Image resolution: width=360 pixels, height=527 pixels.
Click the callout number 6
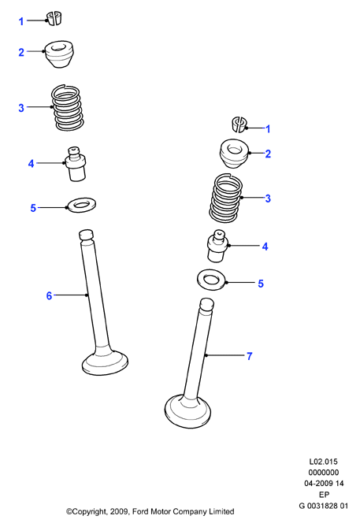(49, 295)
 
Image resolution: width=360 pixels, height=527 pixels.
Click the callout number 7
(249, 356)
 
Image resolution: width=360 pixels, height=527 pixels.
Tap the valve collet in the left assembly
(55, 18)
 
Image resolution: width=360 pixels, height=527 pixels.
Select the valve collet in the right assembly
(239, 124)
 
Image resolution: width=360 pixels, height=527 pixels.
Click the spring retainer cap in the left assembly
(59, 54)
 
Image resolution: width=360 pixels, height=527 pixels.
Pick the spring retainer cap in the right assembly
(234, 154)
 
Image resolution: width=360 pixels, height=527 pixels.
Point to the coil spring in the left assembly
(67, 107)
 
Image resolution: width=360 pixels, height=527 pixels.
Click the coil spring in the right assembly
(226, 198)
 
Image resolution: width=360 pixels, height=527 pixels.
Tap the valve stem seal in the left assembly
(76, 164)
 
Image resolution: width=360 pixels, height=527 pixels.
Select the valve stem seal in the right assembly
(217, 247)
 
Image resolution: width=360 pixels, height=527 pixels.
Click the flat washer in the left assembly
(81, 205)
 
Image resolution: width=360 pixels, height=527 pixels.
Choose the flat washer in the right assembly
(211, 280)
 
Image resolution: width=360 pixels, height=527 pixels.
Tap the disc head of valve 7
(187, 411)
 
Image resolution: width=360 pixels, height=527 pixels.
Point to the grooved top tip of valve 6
(86, 235)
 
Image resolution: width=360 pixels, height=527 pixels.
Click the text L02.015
(323, 462)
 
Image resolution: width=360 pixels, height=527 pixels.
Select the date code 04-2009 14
(324, 484)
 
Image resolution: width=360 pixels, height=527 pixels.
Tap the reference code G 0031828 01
(323, 506)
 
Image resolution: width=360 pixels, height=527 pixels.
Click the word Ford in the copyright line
(140, 511)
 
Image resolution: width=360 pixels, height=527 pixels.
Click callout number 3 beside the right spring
(268, 199)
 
